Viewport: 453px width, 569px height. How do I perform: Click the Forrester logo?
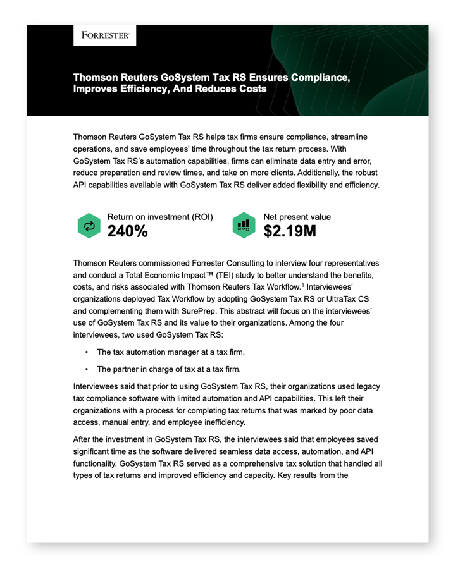coord(104,36)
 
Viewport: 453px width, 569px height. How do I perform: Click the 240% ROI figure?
coord(128,231)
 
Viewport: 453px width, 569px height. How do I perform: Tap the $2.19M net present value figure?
coord(290,231)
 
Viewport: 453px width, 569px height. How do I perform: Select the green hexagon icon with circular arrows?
coord(89,226)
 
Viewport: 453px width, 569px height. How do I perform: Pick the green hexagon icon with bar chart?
coord(244,226)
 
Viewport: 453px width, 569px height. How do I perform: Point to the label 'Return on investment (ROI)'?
coord(160,217)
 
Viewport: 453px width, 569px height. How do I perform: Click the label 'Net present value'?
coord(297,217)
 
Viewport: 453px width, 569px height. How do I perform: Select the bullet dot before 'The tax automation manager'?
coord(86,352)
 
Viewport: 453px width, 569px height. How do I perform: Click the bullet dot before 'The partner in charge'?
coord(86,369)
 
